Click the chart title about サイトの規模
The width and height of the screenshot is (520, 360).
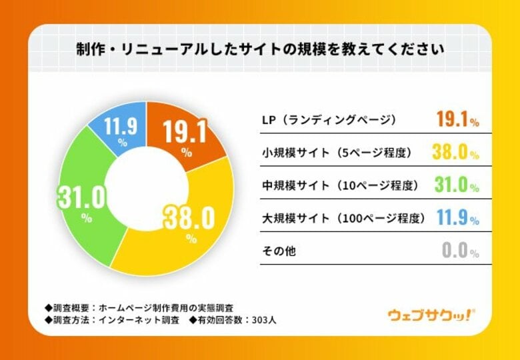tap(259, 49)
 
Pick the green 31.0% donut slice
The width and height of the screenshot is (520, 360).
tap(83, 200)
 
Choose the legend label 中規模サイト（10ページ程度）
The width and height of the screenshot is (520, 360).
tap(340, 185)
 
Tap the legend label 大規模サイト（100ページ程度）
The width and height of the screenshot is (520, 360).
tap(343, 218)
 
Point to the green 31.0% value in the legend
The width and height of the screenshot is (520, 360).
tap(457, 185)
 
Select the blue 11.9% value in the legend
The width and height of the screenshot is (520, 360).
tap(457, 218)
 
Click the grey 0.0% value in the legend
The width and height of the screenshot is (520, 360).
tap(459, 251)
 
